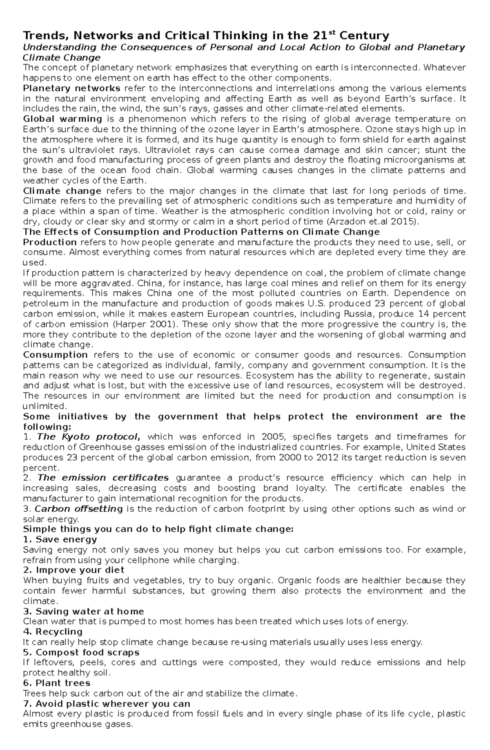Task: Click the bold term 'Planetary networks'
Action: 71,88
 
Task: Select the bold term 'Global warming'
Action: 62,119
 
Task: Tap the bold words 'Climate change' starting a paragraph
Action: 62,191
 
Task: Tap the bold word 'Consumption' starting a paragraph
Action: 55,355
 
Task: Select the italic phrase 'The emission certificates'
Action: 103,478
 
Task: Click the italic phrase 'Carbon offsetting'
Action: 78,509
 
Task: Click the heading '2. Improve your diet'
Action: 73,570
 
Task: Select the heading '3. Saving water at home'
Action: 84,611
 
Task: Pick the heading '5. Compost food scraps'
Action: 81,652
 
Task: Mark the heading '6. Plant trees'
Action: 57,683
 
